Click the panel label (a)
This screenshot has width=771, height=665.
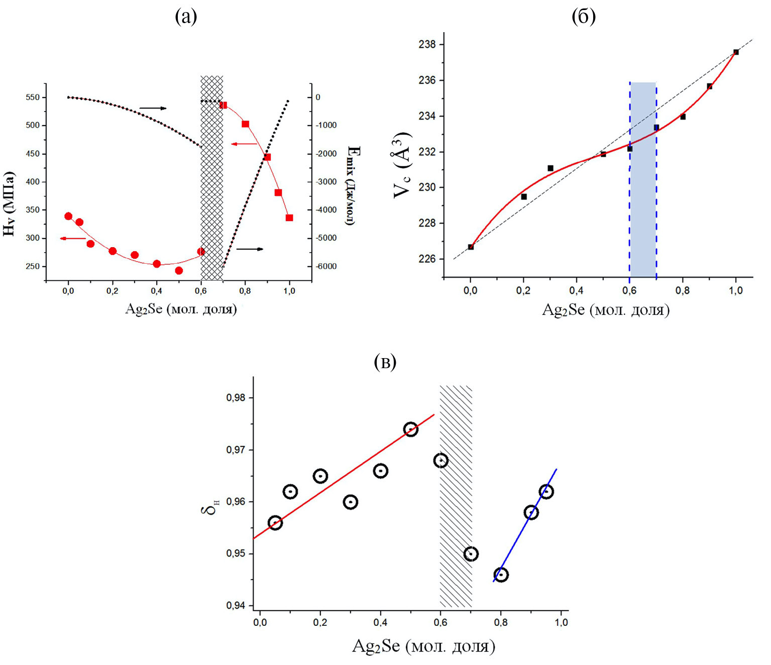[186, 17]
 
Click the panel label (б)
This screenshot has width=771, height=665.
[584, 17]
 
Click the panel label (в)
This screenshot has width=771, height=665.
[385, 362]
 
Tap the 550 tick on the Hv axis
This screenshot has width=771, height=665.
[33, 97]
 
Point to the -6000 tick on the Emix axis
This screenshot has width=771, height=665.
[326, 267]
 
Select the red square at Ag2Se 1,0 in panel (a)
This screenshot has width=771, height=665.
[289, 218]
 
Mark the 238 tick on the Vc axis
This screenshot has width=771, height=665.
[427, 45]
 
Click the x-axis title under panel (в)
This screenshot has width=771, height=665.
[423, 646]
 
